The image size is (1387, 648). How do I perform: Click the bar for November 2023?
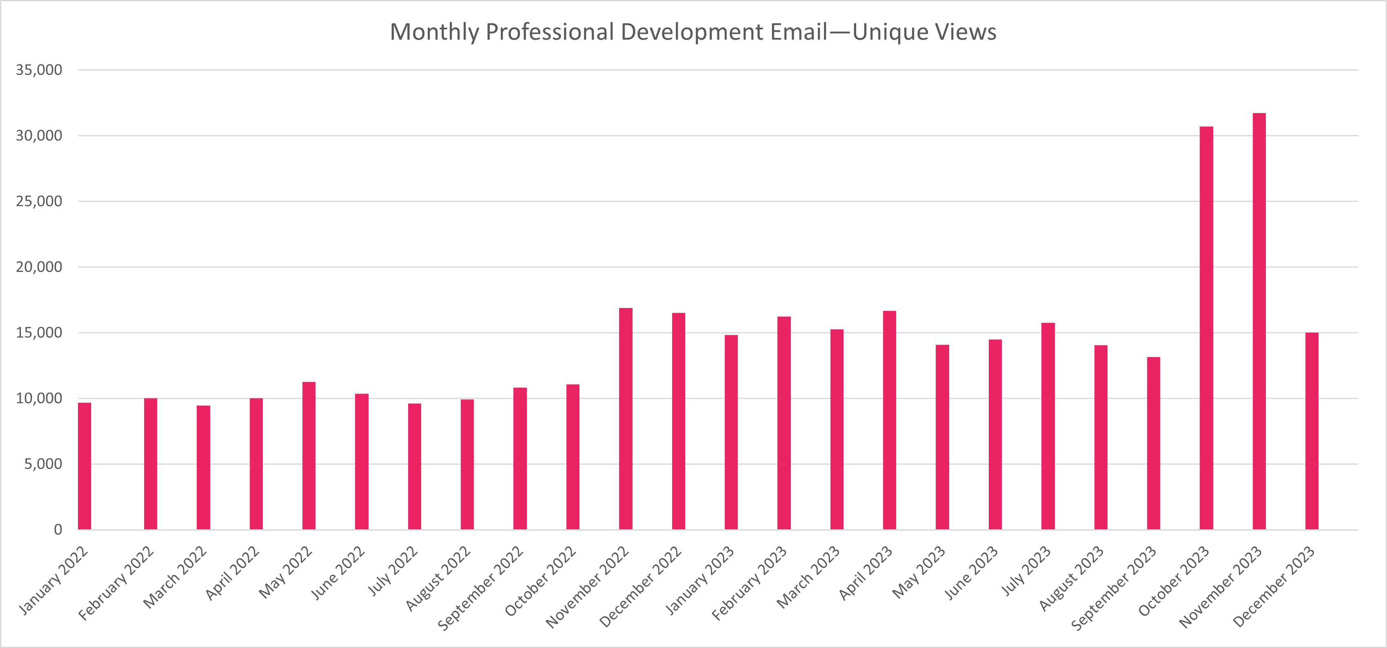[x=1259, y=323]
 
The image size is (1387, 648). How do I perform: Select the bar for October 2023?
[x=1206, y=328]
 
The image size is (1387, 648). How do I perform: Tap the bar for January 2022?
[x=84, y=466]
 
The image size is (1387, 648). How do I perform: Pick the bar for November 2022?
[x=626, y=419]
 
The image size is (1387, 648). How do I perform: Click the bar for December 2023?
[x=1312, y=431]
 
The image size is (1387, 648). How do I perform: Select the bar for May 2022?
[x=309, y=456]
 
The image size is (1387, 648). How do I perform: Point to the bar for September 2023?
[x=1153, y=443]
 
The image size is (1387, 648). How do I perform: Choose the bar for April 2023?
[x=890, y=420]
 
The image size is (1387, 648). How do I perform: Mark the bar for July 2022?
[x=415, y=466]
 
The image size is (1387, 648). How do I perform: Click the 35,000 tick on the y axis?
[x=39, y=70]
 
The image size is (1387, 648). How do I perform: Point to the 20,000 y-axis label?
[x=39, y=267]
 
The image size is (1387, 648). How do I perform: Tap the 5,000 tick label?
[x=43, y=464]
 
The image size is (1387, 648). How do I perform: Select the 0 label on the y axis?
[x=58, y=530]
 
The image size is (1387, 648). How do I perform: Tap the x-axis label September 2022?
[x=480, y=588]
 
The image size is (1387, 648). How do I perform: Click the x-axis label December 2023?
[x=1274, y=587]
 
